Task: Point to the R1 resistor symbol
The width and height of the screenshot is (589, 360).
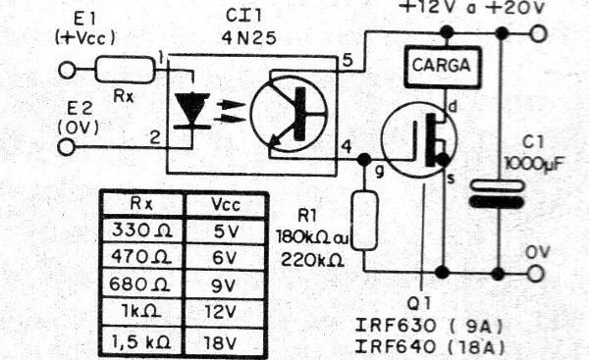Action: pos(364,221)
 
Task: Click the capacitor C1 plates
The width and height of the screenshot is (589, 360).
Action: pos(501,192)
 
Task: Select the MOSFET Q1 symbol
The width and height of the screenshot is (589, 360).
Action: pos(417,137)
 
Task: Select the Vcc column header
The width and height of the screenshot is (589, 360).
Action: pos(226,204)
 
